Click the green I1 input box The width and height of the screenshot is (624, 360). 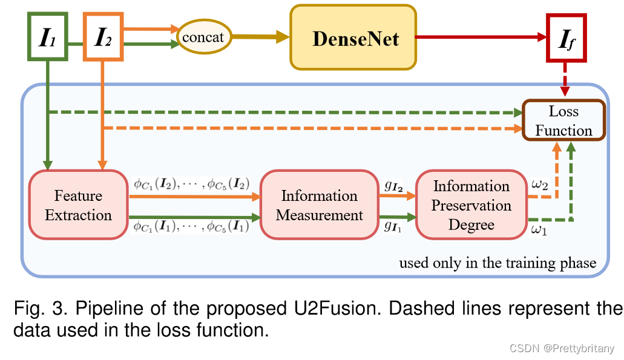click(x=48, y=37)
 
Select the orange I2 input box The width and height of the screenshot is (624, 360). click(x=104, y=37)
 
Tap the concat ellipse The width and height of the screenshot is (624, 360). click(x=203, y=37)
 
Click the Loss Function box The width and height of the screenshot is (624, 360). click(x=563, y=120)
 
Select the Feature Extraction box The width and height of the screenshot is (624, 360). click(x=78, y=205)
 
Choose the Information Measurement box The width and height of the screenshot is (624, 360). click(x=319, y=205)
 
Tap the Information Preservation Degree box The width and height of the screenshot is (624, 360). click(x=471, y=205)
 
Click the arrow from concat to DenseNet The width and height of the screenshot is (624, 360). click(x=260, y=38)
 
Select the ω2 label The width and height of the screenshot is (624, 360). click(x=540, y=184)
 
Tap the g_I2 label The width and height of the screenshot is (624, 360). click(x=392, y=185)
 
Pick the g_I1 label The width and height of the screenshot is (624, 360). click(x=391, y=226)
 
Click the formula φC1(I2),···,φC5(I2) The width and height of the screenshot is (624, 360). click(x=191, y=183)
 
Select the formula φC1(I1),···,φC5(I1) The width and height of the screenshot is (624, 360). click(x=191, y=227)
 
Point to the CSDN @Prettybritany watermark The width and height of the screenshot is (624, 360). click(x=562, y=349)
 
